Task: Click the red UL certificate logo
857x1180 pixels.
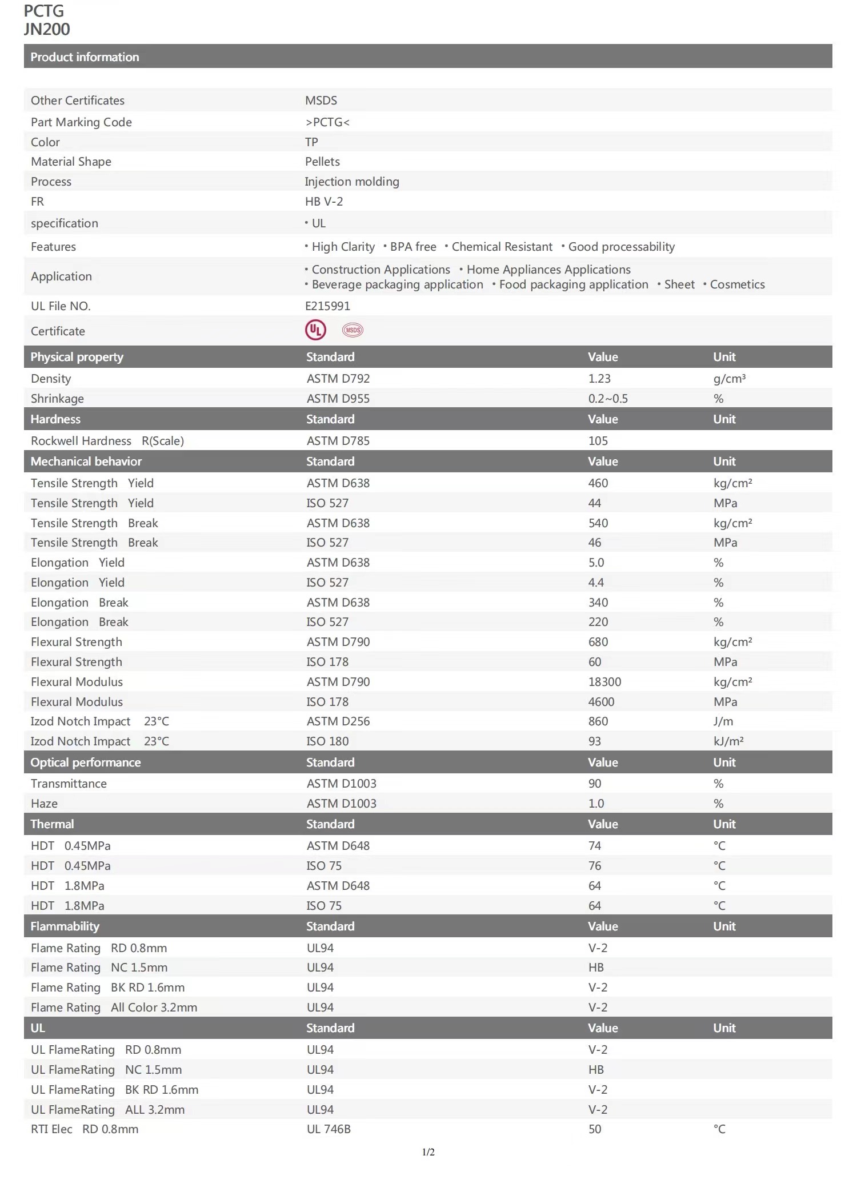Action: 315,330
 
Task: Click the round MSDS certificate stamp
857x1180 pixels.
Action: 353,330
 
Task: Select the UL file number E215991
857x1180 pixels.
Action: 327,306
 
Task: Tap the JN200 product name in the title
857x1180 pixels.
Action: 47,30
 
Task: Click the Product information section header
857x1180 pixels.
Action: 85,57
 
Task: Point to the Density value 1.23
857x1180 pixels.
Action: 599,379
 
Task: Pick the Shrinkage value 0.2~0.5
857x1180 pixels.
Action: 608,399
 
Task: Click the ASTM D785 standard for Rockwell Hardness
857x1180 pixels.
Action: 338,441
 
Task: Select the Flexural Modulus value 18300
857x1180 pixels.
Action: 604,682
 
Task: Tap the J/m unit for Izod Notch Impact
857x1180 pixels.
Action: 723,721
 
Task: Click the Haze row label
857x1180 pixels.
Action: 44,804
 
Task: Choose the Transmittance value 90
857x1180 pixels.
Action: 595,784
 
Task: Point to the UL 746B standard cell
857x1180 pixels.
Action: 329,1129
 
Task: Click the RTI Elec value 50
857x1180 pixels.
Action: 595,1129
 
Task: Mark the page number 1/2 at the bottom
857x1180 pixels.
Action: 428,1152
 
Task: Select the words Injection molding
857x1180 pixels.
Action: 352,182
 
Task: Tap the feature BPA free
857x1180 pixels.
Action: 413,247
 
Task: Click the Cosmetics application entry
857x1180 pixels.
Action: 737,284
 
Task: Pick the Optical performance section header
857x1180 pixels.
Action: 86,762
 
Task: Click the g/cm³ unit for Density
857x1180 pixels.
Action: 730,379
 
